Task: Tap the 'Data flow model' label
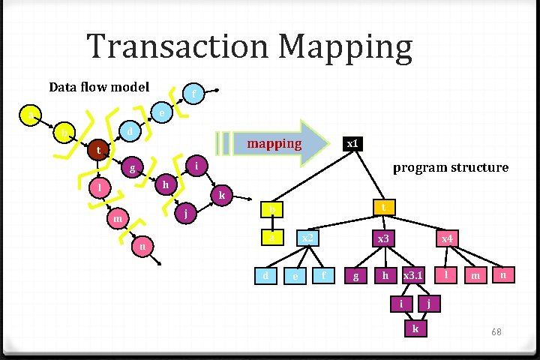click(99, 87)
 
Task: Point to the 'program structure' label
click(451, 167)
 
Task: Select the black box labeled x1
click(352, 143)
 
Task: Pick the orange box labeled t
click(383, 207)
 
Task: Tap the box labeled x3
click(383, 238)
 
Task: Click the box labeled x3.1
click(413, 276)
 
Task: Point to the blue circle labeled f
click(194, 94)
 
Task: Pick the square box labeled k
click(415, 328)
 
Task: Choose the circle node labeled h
click(167, 184)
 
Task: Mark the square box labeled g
click(355, 276)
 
